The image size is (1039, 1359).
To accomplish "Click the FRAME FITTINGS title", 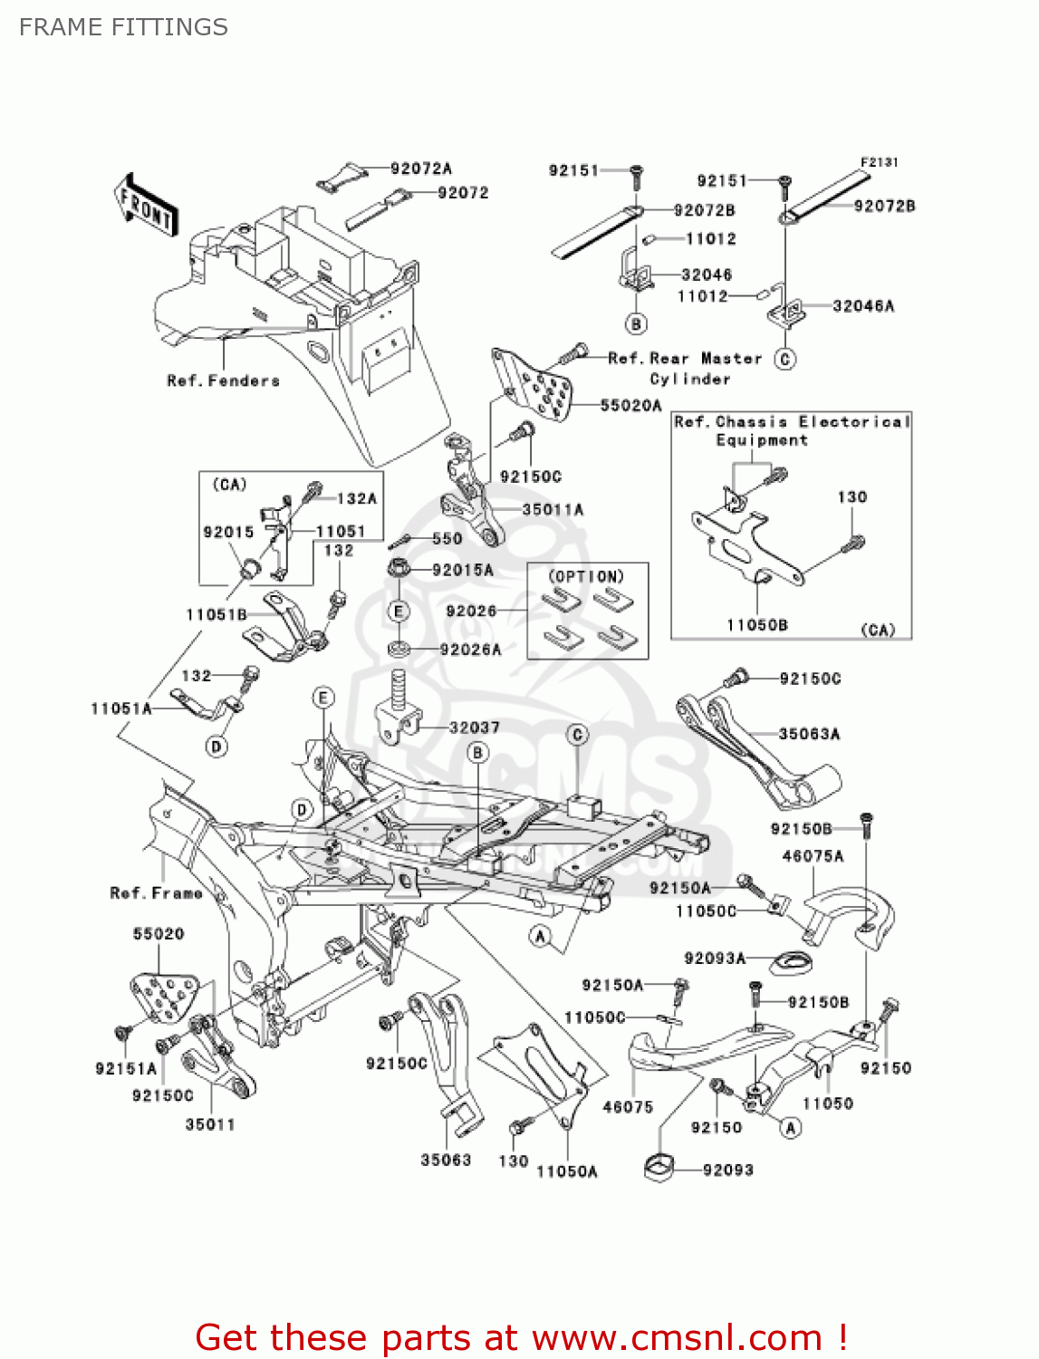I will pyautogui.click(x=123, y=27).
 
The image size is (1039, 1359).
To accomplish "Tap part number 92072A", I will pyautogui.click(x=420, y=169).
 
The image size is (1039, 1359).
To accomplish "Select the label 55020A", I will pyautogui.click(x=630, y=405).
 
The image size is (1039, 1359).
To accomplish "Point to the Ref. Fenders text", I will pyautogui.click(x=223, y=381).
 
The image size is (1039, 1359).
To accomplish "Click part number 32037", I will pyautogui.click(x=474, y=728).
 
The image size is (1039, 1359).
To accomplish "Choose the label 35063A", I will pyautogui.click(x=808, y=734).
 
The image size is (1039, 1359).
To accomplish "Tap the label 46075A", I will pyautogui.click(x=812, y=855).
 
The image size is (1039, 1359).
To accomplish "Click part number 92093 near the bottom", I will pyautogui.click(x=727, y=1170).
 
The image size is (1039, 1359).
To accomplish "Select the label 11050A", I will pyautogui.click(x=566, y=1171).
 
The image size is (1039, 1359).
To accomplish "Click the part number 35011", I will pyautogui.click(x=210, y=1124).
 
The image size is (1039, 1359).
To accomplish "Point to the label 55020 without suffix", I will pyautogui.click(x=159, y=933).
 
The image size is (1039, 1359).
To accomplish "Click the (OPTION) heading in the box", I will pyautogui.click(x=586, y=576).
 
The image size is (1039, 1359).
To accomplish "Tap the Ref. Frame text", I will pyautogui.click(x=156, y=893).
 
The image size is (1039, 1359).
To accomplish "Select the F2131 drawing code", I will pyautogui.click(x=879, y=162).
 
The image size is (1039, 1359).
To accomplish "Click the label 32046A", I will pyautogui.click(x=862, y=306).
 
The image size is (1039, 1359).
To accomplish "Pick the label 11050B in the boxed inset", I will pyautogui.click(x=756, y=624).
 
